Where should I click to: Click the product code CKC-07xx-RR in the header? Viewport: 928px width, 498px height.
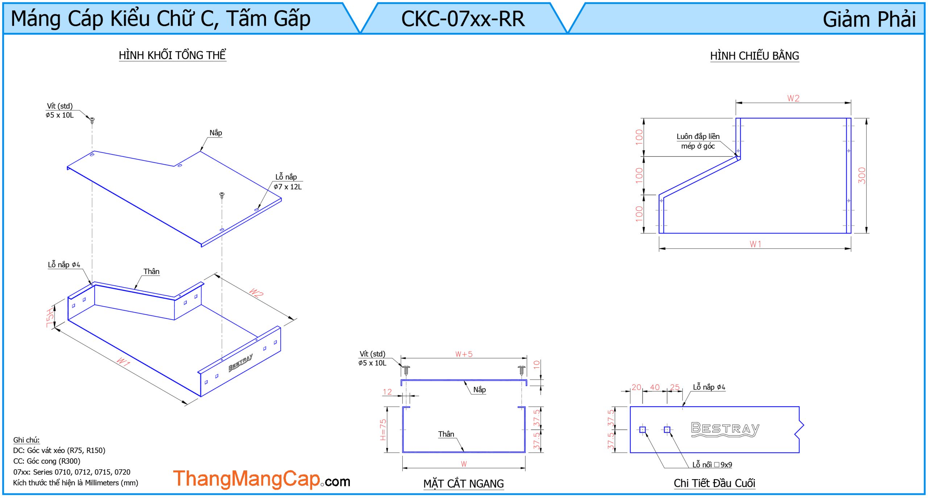[463, 19]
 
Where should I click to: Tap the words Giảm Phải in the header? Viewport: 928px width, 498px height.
[869, 19]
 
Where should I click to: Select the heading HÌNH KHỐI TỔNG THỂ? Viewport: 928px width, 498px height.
[172, 55]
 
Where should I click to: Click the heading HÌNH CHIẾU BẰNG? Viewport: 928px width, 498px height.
[754, 56]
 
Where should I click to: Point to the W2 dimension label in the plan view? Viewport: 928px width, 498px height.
[793, 98]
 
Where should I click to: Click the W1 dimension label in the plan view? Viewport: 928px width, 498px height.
[755, 244]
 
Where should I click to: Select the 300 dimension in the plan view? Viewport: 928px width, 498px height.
[862, 176]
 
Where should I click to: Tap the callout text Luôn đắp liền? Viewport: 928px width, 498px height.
[698, 136]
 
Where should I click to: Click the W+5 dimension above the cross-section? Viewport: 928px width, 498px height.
[464, 354]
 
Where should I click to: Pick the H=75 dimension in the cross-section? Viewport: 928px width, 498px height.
[383, 429]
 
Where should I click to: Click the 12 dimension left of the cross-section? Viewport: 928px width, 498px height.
[387, 392]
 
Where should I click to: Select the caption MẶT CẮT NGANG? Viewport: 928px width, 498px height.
[463, 483]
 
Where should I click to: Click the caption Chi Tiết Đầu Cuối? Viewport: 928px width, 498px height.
[714, 483]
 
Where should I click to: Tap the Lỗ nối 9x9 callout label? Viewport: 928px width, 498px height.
[712, 465]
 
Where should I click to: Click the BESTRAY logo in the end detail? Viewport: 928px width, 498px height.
[725, 429]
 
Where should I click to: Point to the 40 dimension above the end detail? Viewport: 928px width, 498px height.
[655, 387]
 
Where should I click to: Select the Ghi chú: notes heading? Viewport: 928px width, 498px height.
[26, 440]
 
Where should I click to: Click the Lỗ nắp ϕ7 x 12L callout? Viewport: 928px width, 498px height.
[287, 182]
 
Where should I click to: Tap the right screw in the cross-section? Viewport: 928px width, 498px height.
[522, 370]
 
